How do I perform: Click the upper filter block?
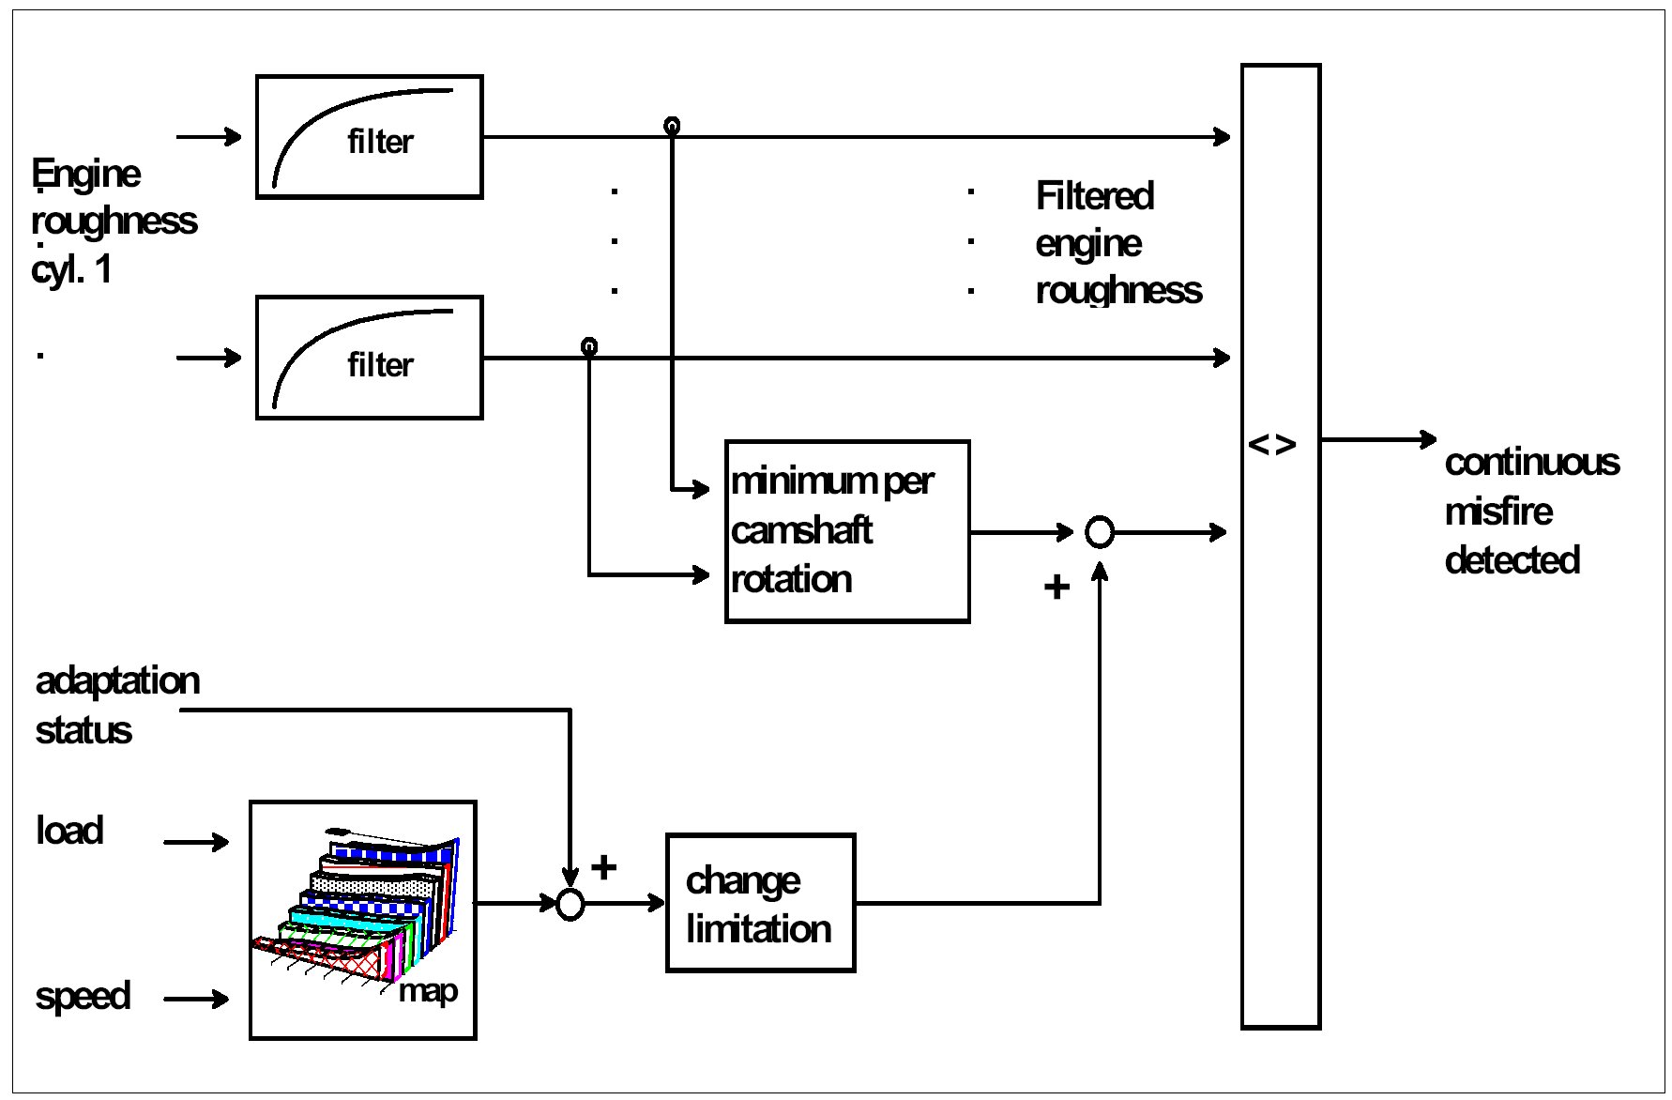coord(369,137)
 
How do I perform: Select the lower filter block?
coord(369,358)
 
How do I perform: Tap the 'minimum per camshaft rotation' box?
coord(846,531)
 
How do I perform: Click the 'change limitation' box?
coord(760,903)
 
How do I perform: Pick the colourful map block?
coord(362,920)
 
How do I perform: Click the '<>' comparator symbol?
coord(1272,444)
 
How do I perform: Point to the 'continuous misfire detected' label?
coord(1531,511)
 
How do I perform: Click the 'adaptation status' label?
coord(117,705)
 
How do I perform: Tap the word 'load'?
coord(69,831)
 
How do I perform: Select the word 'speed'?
coord(83,996)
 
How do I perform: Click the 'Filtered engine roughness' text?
coord(1117,243)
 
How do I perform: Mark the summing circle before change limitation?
coord(570,904)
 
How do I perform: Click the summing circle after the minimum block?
coord(1099,532)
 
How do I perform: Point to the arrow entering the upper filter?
coord(209,137)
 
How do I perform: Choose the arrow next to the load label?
coord(196,842)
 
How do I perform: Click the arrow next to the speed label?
coord(196,999)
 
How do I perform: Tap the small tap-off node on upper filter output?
coord(671,125)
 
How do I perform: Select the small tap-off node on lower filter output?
coord(589,346)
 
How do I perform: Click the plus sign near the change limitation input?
coord(604,866)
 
